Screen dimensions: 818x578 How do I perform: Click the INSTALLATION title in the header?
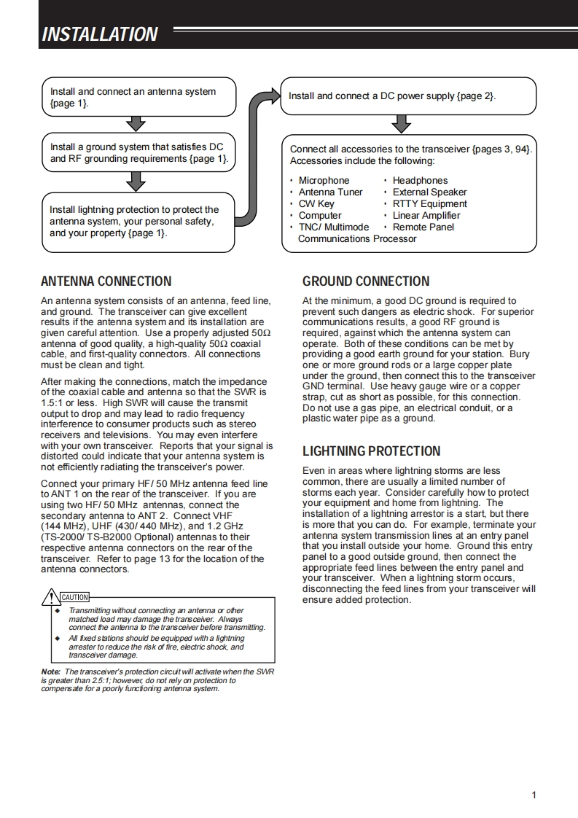[100, 34]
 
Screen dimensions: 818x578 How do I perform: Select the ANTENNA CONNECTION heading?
[106, 281]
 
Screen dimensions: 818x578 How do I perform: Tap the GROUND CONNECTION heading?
[366, 281]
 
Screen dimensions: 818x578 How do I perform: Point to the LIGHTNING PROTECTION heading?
[372, 451]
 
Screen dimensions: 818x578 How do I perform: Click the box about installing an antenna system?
[138, 98]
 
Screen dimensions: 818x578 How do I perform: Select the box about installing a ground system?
[138, 152]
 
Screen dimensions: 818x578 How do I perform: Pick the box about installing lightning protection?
[138, 221]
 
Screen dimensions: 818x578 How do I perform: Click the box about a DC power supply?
[408, 96]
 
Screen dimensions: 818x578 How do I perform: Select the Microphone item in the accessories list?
[324, 181]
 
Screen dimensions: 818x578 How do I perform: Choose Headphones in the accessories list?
[420, 181]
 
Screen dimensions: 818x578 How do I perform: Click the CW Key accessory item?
[316, 204]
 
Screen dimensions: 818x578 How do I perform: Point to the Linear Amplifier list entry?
[426, 216]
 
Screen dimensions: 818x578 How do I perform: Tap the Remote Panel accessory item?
[423, 227]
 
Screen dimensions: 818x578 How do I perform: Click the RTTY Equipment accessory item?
[429, 204]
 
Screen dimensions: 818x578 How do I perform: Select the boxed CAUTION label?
[74, 598]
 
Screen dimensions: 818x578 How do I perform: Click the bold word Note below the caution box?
[50, 671]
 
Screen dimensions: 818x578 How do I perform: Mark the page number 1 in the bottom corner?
[534, 795]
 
